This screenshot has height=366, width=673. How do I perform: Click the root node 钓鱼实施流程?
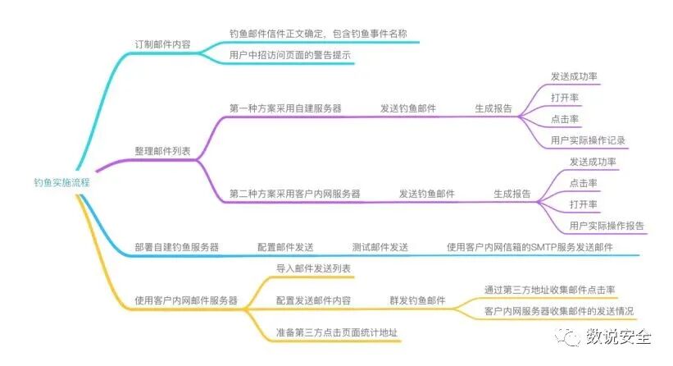[61, 182]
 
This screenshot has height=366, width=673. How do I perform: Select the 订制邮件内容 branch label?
[162, 44]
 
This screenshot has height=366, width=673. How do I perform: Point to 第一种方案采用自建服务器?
[285, 108]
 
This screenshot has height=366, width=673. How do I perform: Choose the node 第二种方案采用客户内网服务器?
[295, 194]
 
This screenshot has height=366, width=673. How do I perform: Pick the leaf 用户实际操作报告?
[607, 226]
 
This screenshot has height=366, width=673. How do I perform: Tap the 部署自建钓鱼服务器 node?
[176, 247]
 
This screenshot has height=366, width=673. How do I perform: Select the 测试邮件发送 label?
[380, 247]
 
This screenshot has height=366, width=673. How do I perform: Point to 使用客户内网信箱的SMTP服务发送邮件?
[530, 247]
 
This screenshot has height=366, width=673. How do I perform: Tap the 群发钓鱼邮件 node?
[417, 300]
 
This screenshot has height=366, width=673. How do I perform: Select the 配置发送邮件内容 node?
[314, 300]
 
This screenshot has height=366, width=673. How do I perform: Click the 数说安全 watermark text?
[618, 336]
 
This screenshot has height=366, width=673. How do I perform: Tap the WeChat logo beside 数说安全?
[567, 336]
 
